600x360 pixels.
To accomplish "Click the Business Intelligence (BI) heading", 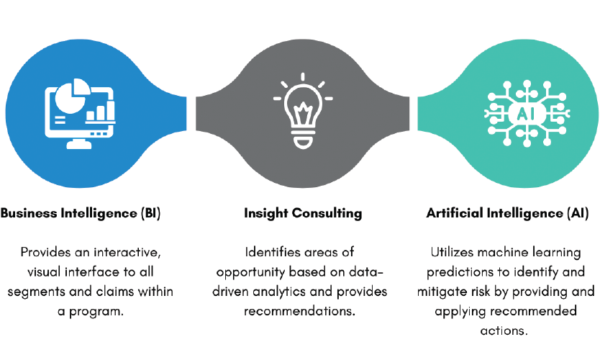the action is [x=81, y=213].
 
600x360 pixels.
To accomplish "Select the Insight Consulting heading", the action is [x=303, y=213].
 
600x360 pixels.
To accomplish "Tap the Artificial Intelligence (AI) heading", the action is [x=507, y=213].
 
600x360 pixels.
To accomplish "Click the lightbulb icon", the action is [x=303, y=110].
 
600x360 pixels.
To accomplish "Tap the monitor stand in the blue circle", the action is [x=79, y=143].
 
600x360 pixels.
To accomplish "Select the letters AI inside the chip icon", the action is [x=526, y=114].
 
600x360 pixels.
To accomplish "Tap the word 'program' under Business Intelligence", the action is [x=96, y=312].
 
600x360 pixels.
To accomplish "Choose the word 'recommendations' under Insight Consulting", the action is [x=299, y=311].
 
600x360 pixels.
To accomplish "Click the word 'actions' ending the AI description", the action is [x=504, y=330].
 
